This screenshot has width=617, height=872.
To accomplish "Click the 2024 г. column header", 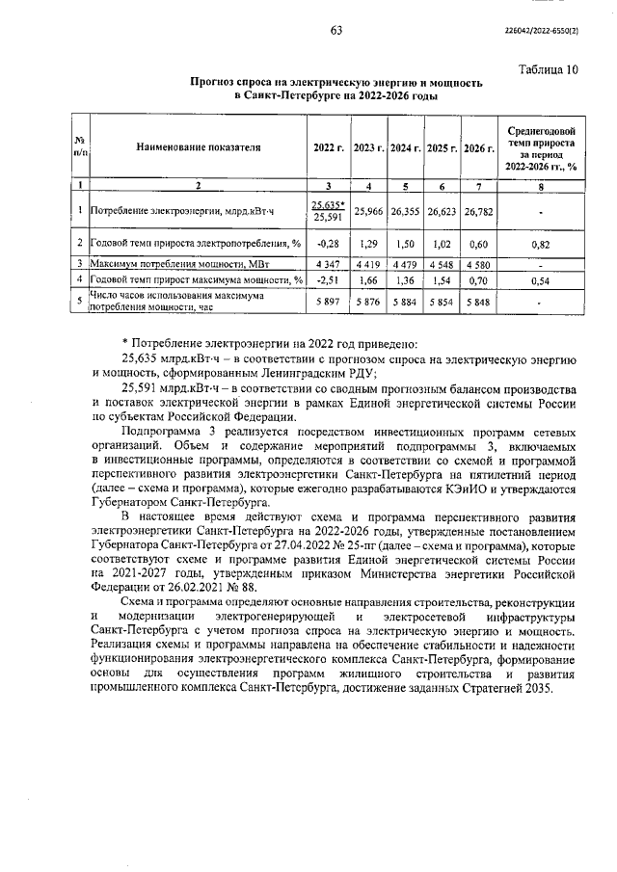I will pyautogui.click(x=404, y=147).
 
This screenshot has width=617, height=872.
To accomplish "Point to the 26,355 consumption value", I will pyautogui.click(x=404, y=209).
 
